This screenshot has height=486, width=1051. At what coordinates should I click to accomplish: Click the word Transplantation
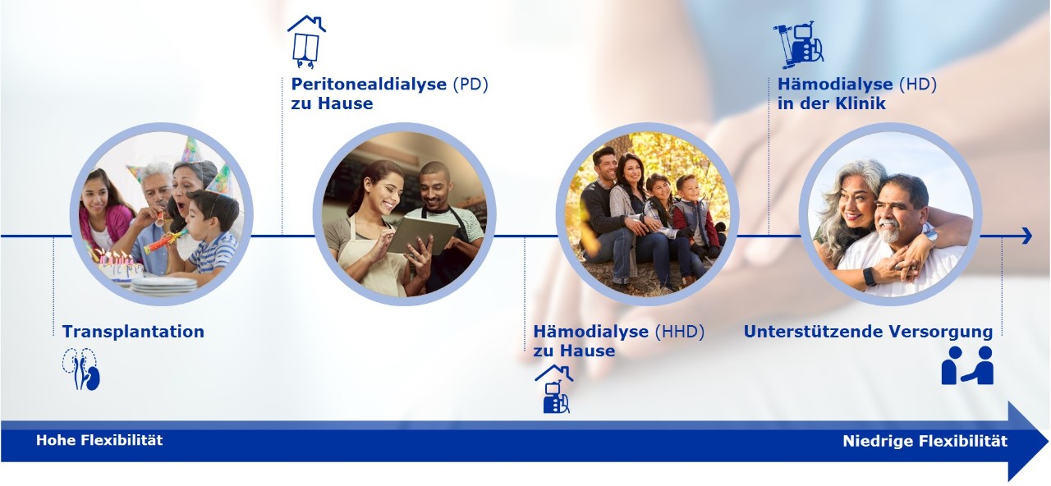pos(133,332)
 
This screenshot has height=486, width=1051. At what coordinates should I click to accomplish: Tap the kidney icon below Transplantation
pos(81,369)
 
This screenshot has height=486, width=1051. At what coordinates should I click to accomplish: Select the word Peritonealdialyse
pos(369,85)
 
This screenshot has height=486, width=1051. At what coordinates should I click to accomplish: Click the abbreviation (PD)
pos(470,85)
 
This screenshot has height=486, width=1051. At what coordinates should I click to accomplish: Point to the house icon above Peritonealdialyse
pos(306,42)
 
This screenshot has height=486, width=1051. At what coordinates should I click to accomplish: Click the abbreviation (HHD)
pos(680,332)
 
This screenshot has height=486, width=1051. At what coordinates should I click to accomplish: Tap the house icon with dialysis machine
pos(554,389)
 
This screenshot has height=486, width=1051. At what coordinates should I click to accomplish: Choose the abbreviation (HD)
pos(918,85)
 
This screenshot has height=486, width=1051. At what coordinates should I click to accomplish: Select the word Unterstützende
pos(813,332)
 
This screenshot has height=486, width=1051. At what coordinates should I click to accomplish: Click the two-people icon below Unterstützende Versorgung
pos(967,365)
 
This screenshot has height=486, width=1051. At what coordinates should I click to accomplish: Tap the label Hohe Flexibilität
pos(99,441)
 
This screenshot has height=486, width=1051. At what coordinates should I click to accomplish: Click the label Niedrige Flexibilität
pos(925,442)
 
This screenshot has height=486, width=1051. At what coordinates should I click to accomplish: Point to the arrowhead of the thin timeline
pos(1027,236)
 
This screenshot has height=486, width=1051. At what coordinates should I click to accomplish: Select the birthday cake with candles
pos(117,266)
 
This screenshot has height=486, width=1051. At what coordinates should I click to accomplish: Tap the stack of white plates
pos(163,286)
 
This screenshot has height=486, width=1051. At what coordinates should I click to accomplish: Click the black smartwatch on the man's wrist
pos(870,277)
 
